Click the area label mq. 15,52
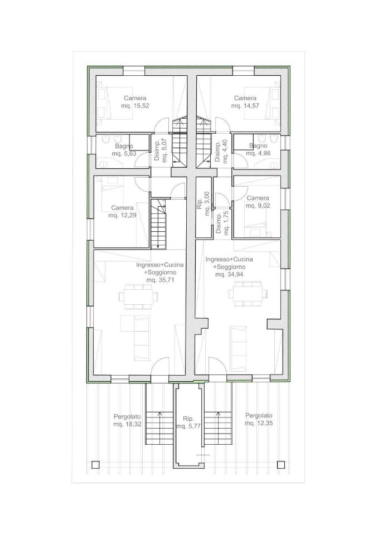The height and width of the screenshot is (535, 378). tap(135, 106)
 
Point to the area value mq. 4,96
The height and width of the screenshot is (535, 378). tap(258, 153)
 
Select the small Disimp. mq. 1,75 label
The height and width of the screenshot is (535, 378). tap(221, 225)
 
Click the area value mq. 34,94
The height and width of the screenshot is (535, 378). tap(230, 274)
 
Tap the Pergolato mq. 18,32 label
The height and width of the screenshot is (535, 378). tap(127, 420)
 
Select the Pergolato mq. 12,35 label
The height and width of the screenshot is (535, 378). tap(259, 419)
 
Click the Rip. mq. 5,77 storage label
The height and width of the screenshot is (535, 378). tap(189, 422)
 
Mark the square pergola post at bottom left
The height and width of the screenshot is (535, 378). tap(95, 464)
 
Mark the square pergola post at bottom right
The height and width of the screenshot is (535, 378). tap(280, 464)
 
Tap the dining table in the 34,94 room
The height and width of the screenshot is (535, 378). tap(248, 294)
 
